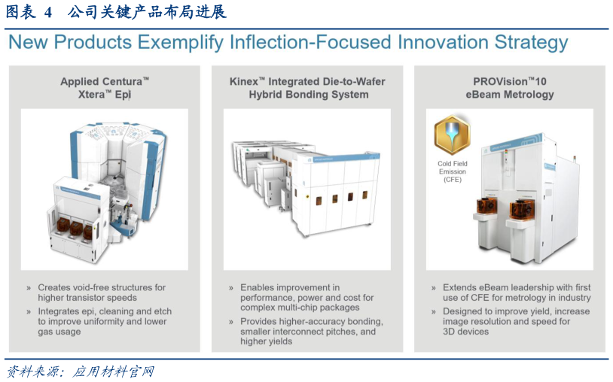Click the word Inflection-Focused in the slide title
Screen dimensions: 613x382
click(310, 42)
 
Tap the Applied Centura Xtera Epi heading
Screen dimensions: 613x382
click(105, 88)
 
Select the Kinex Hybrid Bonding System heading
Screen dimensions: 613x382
click(307, 88)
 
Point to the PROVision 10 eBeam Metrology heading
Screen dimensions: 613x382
click(509, 88)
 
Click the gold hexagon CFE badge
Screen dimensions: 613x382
click(453, 135)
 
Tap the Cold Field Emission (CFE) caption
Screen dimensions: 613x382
click(453, 171)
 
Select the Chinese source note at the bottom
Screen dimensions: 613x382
click(81, 371)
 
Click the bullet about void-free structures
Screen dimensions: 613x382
click(102, 293)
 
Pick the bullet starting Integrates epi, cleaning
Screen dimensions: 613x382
click(105, 322)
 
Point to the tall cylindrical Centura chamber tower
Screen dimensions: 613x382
click(118, 164)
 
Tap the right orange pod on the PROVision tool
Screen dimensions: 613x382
click(523, 209)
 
